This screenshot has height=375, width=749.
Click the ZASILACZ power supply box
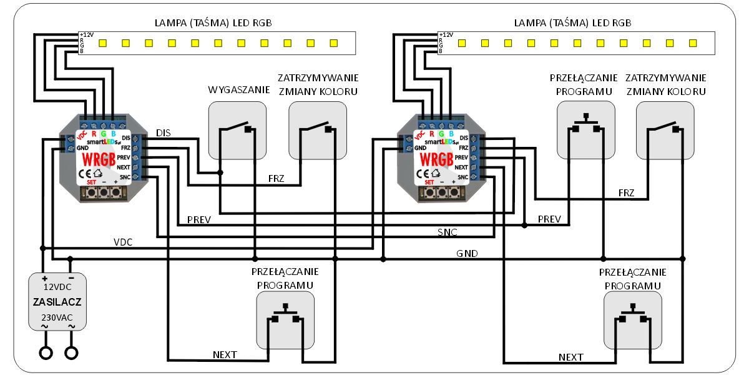(57, 301)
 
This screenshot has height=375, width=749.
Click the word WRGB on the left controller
(99, 158)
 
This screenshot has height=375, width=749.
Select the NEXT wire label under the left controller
(225, 355)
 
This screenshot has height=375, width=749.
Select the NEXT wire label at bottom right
(570, 357)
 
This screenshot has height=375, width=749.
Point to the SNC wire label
(447, 232)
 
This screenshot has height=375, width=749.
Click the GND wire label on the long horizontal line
(467, 253)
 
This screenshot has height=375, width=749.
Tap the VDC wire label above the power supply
(123, 241)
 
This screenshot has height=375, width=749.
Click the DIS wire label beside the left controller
(164, 132)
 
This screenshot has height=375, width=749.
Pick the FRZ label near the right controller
(626, 193)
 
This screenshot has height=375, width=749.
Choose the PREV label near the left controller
(198, 220)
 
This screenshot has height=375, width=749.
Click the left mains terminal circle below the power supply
(46, 353)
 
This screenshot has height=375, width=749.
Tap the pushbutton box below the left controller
(285, 320)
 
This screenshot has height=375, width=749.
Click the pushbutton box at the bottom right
(633, 320)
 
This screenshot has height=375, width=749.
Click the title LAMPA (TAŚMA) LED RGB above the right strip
(572, 22)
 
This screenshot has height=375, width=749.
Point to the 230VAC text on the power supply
(57, 316)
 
